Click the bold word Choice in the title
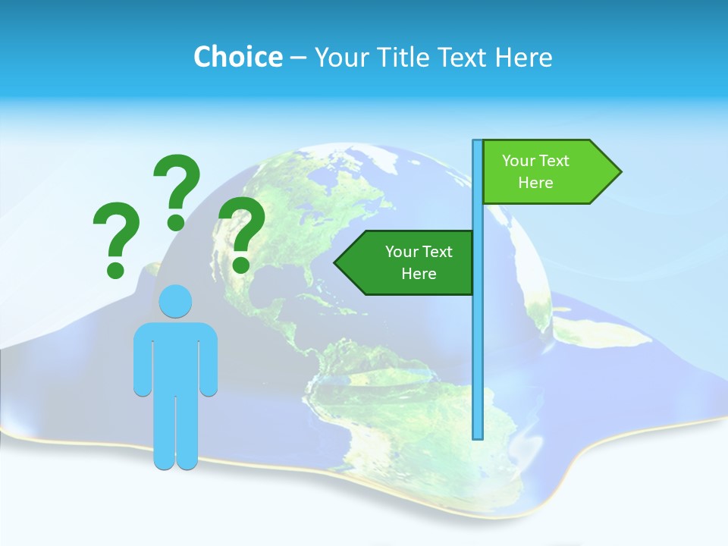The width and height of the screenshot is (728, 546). pos(237,57)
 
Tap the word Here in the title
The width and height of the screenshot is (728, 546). pos(523,57)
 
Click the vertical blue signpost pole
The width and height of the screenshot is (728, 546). pos(478,341)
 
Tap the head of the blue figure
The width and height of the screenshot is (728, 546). pos(175,301)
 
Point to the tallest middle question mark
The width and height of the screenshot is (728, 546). pos(177,190)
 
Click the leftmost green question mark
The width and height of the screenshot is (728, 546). pos(116,237)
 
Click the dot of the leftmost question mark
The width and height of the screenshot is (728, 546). pos(115,269)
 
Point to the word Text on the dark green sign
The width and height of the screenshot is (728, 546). pos(437,252)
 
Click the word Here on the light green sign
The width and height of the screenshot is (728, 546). pos(535,183)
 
